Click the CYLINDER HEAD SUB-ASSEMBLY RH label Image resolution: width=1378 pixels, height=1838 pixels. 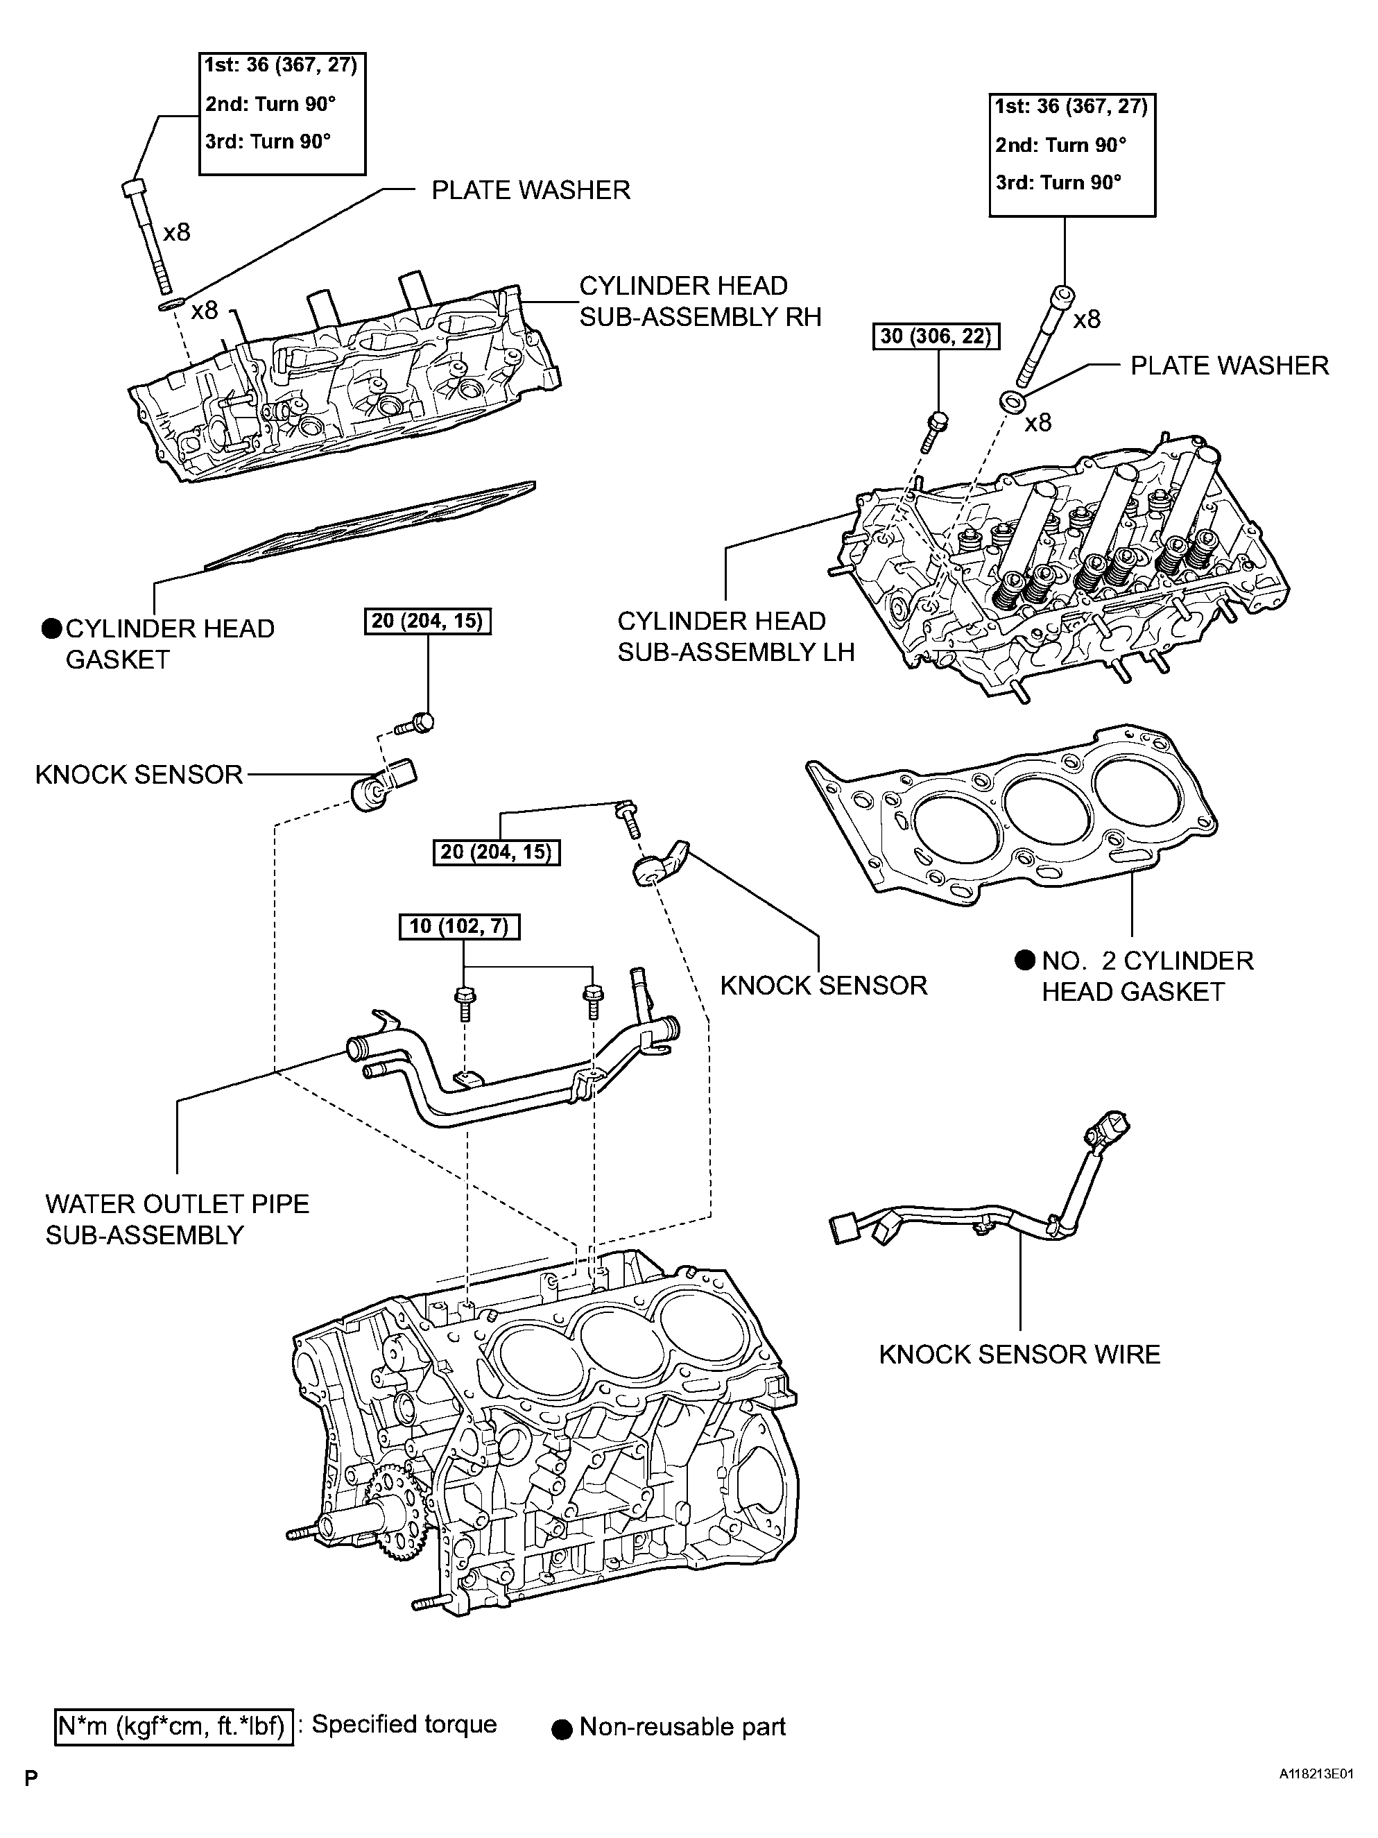pos(699,302)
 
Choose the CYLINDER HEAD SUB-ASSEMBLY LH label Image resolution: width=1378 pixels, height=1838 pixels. pos(735,637)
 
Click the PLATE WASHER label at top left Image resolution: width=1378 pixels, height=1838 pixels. pos(530,190)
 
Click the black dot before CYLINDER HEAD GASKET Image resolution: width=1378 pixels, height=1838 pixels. pos(51,629)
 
